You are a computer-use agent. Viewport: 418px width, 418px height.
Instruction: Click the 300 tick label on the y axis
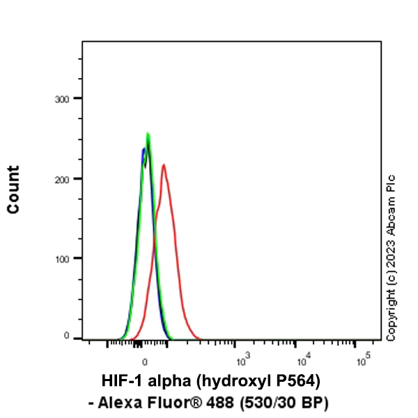[x=63, y=99]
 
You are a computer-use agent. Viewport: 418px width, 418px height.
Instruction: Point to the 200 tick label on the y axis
[x=63, y=179]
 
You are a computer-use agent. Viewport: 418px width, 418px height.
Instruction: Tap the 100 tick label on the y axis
[x=63, y=258]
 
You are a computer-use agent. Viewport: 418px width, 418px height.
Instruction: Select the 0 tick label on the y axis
[x=68, y=336]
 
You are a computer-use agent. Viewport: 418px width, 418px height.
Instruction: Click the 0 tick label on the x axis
[x=144, y=362]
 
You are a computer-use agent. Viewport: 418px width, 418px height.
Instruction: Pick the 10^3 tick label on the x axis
[x=242, y=360]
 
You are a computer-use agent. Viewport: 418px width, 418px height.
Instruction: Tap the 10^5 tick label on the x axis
[x=362, y=360]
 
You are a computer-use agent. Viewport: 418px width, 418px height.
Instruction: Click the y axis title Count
[x=13, y=189]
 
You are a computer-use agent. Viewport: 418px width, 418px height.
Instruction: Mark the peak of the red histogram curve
[x=163, y=165]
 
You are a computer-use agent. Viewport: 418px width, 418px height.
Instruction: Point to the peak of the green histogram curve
[x=148, y=134]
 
